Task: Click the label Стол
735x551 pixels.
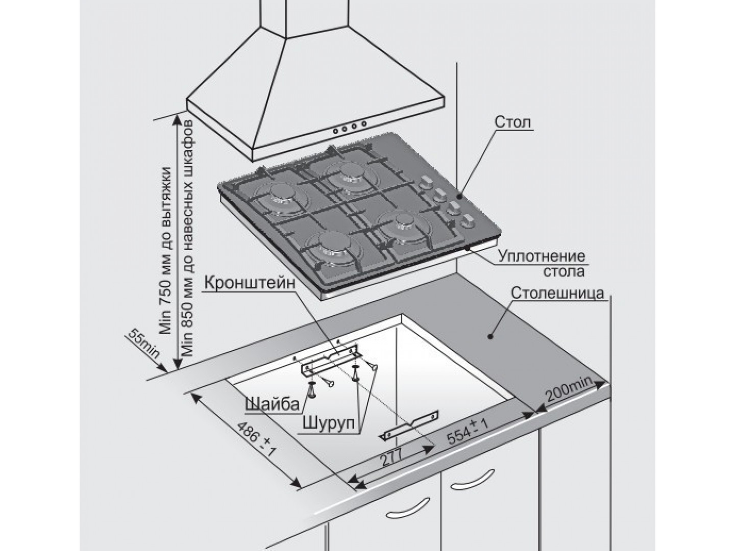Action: [x=512, y=123]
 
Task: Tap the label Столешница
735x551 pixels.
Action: [x=557, y=294]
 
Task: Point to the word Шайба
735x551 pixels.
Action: [x=272, y=404]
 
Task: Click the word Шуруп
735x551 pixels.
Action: [x=328, y=423]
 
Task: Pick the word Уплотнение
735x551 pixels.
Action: [x=541, y=256]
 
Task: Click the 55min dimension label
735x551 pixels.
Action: [x=144, y=344]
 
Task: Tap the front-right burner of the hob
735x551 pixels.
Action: [x=404, y=224]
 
